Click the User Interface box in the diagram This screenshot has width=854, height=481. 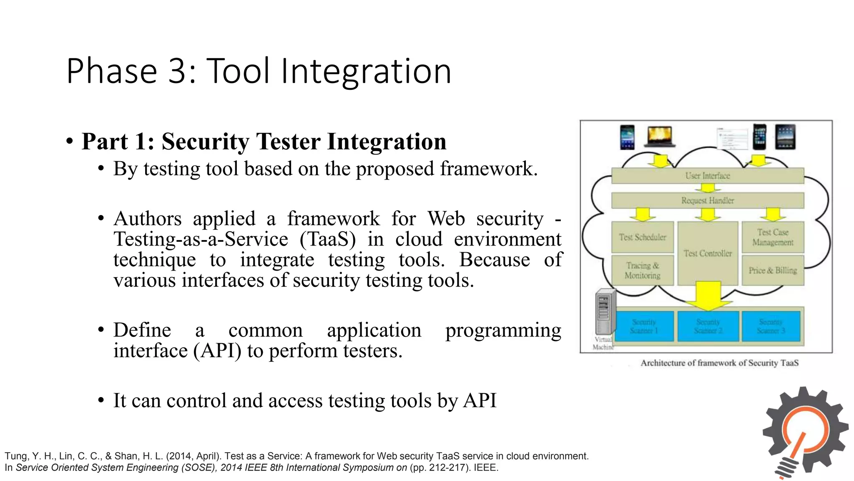[707, 176]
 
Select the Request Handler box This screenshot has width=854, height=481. [707, 200]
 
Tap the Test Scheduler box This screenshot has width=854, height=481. [642, 237]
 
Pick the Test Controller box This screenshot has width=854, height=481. [707, 253]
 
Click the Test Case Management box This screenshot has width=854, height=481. [773, 237]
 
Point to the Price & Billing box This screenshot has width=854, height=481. [773, 271]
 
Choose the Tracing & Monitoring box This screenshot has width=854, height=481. [642, 271]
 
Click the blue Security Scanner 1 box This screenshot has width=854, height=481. [644, 326]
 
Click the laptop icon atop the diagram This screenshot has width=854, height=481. [659, 137]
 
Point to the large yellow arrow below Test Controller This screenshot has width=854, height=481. [708, 296]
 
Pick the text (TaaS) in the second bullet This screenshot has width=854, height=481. [328, 239]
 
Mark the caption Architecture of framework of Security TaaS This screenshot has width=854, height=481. [719, 363]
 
